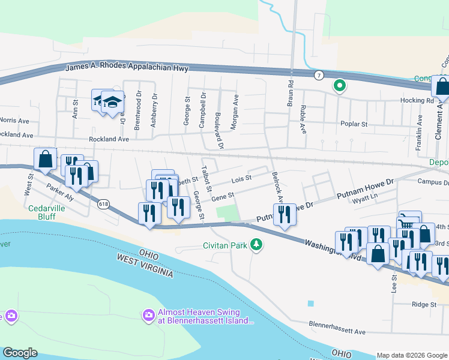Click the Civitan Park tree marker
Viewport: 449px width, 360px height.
point(257,244)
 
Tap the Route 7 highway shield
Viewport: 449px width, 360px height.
point(318,75)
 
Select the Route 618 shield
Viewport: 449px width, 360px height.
point(103,204)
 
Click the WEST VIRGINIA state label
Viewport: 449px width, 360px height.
point(144,265)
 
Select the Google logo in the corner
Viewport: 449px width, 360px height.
point(20,353)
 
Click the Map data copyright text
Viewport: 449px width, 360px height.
point(412,355)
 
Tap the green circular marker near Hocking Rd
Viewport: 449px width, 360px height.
point(339,86)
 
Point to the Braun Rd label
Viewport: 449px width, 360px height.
point(290,94)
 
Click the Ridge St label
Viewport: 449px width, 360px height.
point(424,304)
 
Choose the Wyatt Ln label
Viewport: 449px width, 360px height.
point(367,197)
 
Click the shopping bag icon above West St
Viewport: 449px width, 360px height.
point(45,160)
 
